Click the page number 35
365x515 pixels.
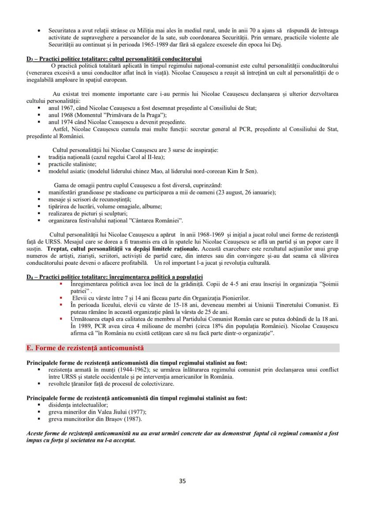pyautogui.click(x=182, y=481)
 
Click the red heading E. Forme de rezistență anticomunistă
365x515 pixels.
pyautogui.click(x=86, y=348)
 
